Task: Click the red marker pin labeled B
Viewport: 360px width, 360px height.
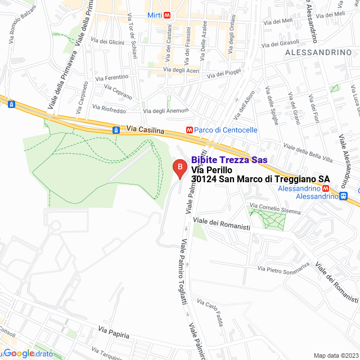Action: pos(179,168)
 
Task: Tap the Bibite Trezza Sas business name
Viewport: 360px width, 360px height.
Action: pos(229,160)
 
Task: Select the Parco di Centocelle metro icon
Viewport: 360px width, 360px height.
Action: pos(190,130)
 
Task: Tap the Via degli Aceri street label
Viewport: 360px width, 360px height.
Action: pos(181,70)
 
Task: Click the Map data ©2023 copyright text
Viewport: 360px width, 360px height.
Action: pos(335,355)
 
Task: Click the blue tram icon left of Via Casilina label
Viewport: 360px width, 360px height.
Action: pos(116,130)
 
